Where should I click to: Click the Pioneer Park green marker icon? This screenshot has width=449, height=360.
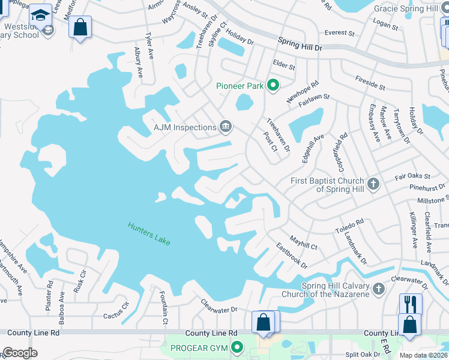pyautogui.click(x=273, y=86)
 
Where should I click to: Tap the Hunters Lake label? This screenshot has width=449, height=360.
pyautogui.click(x=149, y=233)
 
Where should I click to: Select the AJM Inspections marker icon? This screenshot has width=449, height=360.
pyautogui.click(x=226, y=126)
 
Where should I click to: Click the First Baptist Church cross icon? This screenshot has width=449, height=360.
pyautogui.click(x=373, y=184)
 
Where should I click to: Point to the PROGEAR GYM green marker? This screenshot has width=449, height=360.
pyautogui.click(x=238, y=347)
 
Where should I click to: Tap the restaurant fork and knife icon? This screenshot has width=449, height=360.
pyautogui.click(x=411, y=303)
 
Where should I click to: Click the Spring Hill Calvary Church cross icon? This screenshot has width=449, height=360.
pyautogui.click(x=378, y=289)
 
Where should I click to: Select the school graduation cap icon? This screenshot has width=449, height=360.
pyautogui.click(x=41, y=14)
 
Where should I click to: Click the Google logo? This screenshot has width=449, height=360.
pyautogui.click(x=19, y=353)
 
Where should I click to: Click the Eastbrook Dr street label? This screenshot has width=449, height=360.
pyautogui.click(x=292, y=256)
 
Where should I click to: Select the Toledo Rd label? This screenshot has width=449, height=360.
pyautogui.click(x=350, y=225)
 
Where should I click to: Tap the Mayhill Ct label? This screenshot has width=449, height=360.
pyautogui.click(x=303, y=242)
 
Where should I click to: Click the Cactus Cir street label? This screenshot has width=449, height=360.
pyautogui.click(x=116, y=310)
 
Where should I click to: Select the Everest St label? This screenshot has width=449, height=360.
pyautogui.click(x=336, y=33)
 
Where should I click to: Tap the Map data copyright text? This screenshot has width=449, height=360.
pyautogui.click(x=424, y=355)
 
